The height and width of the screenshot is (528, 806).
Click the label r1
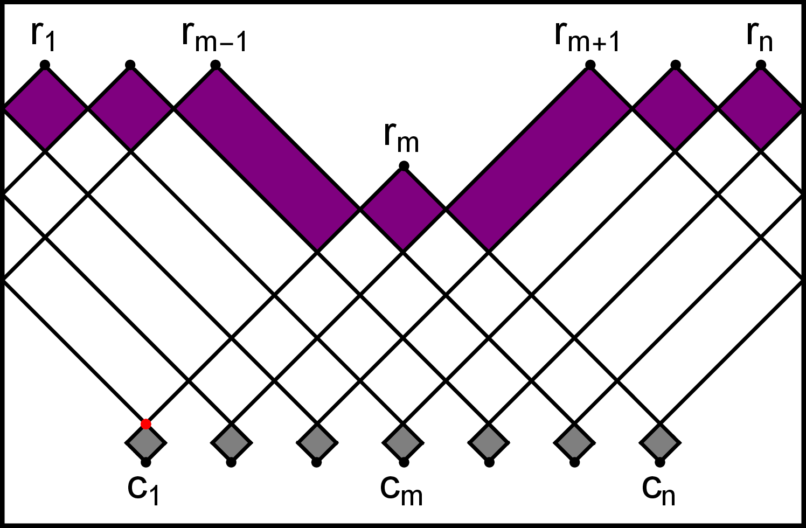coord(44,37)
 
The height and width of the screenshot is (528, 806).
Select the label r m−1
coord(214,37)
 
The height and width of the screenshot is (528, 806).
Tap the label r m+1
coord(587,37)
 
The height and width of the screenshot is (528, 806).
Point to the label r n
coord(760,37)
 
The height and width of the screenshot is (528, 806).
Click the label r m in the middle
coord(401,138)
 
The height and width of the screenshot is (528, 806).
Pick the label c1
coord(143,489)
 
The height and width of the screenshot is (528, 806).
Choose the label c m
coord(401,489)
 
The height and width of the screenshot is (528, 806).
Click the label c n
coord(658,489)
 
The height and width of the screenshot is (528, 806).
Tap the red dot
coord(145,424)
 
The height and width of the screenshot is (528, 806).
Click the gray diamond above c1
coord(145,443)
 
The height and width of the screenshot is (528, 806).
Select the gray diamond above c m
coord(403,443)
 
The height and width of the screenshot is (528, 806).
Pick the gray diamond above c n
coord(660,443)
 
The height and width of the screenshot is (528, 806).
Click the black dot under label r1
coord(45,65)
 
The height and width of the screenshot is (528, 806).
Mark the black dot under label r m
coord(404,166)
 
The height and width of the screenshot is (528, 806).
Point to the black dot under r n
coord(761,65)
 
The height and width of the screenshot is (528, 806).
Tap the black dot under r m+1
coord(590,65)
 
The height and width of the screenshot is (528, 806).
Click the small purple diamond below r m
coord(403,209)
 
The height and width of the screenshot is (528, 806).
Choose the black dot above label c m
coord(404,462)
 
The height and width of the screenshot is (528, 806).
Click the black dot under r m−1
coord(216,65)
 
